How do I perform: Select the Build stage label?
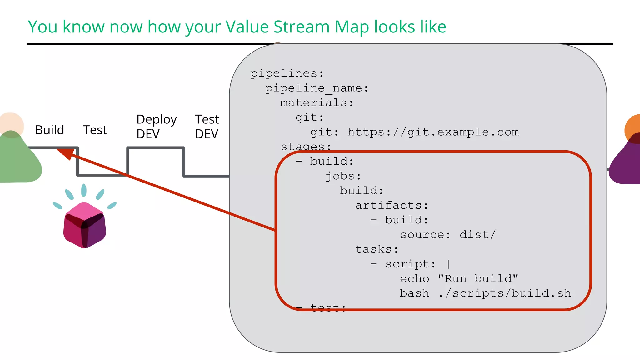click(x=49, y=130)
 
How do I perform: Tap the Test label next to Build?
click(x=95, y=130)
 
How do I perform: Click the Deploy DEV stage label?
click(x=156, y=127)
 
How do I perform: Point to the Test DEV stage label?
click(x=207, y=127)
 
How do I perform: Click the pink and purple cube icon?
click(x=84, y=225)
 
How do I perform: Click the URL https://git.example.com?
click(x=433, y=132)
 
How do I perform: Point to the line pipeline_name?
click(x=317, y=88)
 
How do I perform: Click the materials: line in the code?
click(x=317, y=103)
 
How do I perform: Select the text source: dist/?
click(x=448, y=235)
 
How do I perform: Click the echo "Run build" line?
click(x=459, y=279)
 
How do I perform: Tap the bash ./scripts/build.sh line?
click(x=485, y=293)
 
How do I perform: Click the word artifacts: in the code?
click(x=392, y=205)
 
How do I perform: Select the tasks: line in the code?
click(x=377, y=249)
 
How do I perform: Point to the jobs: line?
click(x=343, y=176)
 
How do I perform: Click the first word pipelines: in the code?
click(x=287, y=73)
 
